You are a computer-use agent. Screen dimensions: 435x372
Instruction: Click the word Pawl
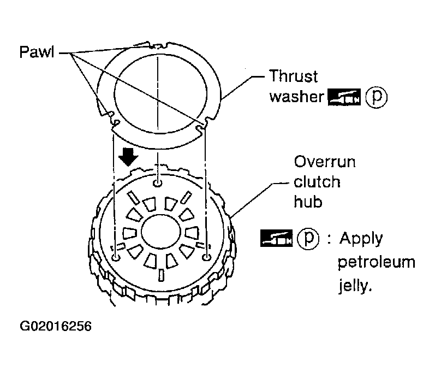click(37, 52)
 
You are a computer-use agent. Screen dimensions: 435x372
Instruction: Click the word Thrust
click(293, 76)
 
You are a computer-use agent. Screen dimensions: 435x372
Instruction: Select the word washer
click(296, 97)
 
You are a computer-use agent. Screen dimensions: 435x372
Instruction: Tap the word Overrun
click(325, 162)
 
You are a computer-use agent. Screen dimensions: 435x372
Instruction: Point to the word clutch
click(317, 182)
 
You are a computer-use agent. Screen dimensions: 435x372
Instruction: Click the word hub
click(308, 202)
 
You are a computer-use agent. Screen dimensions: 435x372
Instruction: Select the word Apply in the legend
click(361, 239)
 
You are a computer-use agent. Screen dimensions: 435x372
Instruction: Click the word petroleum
click(377, 262)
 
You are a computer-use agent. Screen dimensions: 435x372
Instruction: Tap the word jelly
click(355, 285)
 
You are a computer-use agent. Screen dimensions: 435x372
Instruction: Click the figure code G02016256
click(56, 326)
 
